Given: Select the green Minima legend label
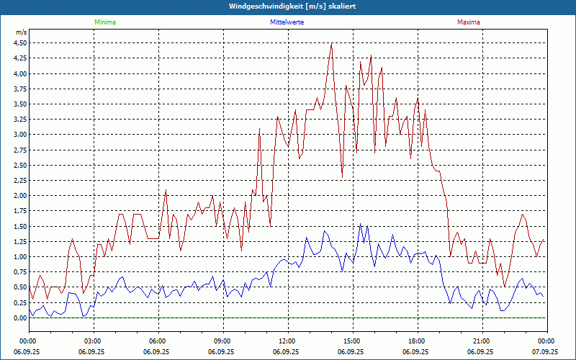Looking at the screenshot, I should pos(104,22).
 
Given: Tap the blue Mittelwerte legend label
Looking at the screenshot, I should pos(287,22).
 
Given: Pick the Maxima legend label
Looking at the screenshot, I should pos(469,22).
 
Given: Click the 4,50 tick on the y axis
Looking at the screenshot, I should pos(19,42).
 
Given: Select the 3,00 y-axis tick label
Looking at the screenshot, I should pos(19,134).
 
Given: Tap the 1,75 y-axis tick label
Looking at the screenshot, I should pos(19,210).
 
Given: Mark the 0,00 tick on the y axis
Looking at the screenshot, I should pos(19,318).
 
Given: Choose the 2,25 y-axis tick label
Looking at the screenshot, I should pos(19,180).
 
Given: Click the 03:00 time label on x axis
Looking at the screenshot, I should pos(93,341).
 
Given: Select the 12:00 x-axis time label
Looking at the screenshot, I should pos(287,341).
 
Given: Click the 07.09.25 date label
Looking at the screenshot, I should pos(545,352).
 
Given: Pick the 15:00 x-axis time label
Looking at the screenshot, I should pos(352,341).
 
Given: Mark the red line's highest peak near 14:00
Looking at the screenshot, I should pos(331,43).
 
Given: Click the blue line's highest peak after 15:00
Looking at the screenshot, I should pos(361,224).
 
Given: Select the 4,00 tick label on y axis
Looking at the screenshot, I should pos(19,73).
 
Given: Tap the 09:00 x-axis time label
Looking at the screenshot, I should pos(222,341).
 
